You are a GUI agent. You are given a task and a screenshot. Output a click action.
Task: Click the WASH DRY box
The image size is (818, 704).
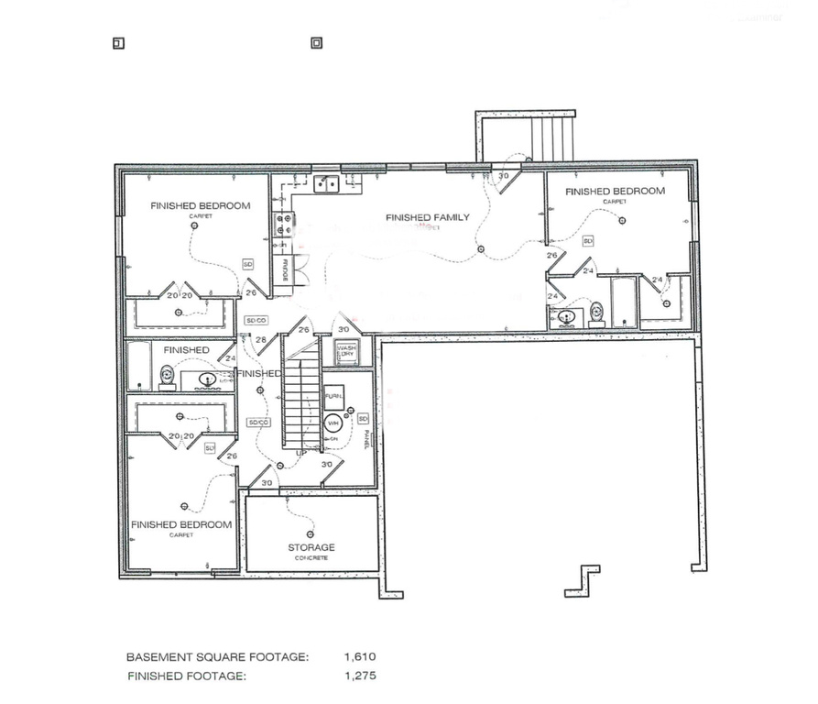tap(346, 352)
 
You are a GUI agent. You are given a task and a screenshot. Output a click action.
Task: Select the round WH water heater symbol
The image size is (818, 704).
tap(334, 423)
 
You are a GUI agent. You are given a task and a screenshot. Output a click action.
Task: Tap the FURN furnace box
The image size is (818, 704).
tap(334, 395)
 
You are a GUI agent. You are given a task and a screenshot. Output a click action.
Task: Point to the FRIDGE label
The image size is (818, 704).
tap(286, 269)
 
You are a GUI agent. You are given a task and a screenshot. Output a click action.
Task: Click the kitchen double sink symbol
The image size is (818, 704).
tap(325, 185)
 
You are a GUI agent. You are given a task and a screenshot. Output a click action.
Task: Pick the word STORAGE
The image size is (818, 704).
tap(311, 548)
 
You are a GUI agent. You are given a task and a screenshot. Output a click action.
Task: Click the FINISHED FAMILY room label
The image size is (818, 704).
tap(428, 218)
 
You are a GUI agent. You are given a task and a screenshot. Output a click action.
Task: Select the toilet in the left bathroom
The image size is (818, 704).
tap(168, 376)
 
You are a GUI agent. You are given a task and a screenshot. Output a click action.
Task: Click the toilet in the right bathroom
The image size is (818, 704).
tap(597, 313)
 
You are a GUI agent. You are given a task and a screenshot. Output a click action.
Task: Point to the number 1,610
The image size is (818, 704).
tap(360, 657)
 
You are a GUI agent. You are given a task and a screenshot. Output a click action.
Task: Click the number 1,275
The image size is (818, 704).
tap(360, 676)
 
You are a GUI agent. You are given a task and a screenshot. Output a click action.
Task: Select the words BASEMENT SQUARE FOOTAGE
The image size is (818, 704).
tap(217, 657)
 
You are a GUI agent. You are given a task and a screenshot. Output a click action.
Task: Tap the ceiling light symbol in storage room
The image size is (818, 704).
tap(310, 533)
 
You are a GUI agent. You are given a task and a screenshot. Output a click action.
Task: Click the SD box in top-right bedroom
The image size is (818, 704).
tap(588, 241)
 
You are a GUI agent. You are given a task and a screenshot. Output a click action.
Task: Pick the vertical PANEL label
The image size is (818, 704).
tap(365, 439)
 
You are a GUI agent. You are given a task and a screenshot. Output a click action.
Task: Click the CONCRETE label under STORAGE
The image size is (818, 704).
tap(311, 558)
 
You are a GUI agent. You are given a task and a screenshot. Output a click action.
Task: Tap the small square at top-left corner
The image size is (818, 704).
tap(117, 43)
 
